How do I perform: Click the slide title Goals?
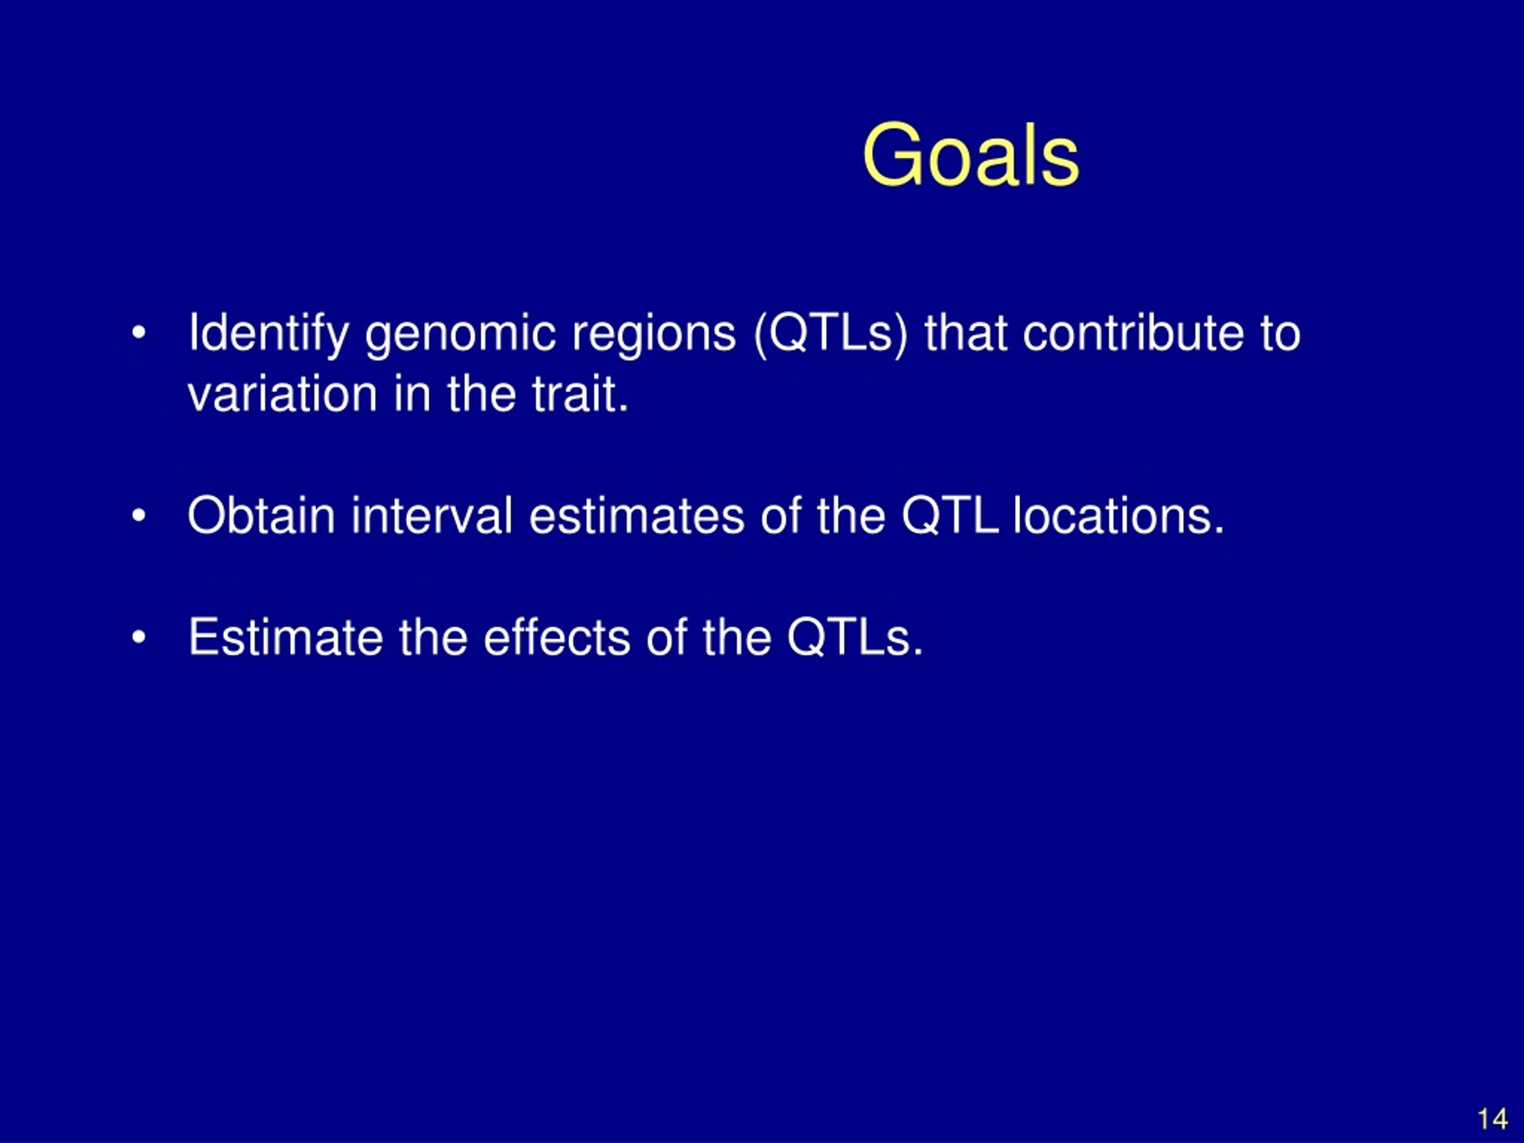(970, 156)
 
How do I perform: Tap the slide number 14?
(1492, 1119)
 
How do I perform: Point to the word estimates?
(636, 516)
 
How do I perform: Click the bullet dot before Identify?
(139, 333)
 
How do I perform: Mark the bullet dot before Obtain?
(139, 516)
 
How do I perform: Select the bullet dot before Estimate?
(139, 638)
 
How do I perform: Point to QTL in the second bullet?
(950, 516)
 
